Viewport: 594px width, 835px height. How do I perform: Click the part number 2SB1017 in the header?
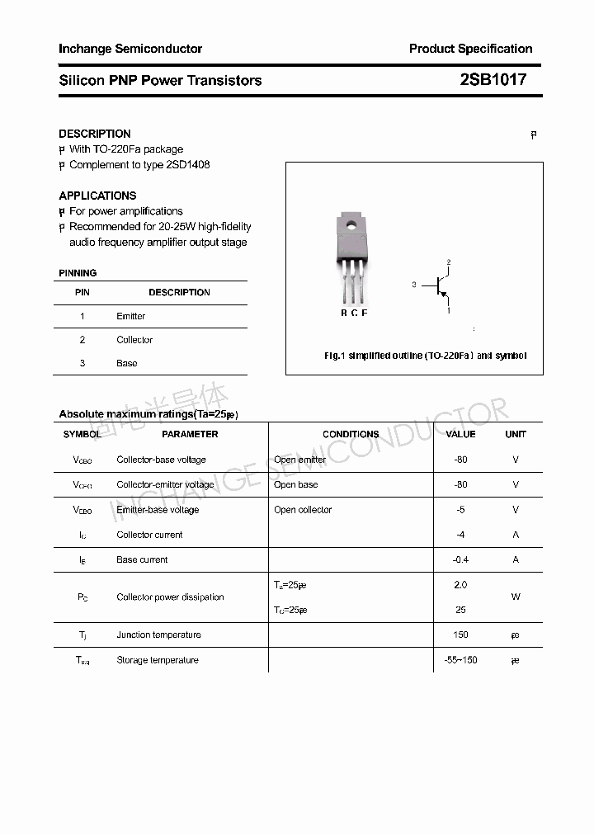click(493, 80)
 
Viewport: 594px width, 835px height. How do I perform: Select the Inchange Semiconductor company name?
click(130, 49)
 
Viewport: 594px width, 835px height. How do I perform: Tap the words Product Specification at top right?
click(470, 49)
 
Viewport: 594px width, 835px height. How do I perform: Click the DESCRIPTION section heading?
click(95, 134)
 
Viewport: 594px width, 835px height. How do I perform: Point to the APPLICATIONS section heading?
click(97, 196)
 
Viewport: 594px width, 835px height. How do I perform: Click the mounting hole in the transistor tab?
click(351, 223)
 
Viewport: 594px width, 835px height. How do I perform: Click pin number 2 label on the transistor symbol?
click(449, 262)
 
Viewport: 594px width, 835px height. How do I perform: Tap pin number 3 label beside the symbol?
click(413, 285)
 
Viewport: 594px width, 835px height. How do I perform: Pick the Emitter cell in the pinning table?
click(130, 316)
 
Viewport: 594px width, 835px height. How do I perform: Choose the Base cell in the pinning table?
click(126, 363)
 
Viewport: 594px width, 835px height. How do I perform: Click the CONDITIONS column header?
click(351, 434)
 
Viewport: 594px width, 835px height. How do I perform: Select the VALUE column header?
click(460, 434)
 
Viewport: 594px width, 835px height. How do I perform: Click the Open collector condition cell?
click(303, 510)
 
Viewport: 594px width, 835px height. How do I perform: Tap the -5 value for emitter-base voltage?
click(460, 510)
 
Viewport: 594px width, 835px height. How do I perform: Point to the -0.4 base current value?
click(460, 559)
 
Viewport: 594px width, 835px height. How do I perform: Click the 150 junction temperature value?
click(460, 635)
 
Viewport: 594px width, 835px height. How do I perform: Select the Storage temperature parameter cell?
click(158, 660)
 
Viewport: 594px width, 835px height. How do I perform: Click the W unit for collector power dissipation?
click(516, 597)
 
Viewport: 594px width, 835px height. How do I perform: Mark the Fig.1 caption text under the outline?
click(425, 356)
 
